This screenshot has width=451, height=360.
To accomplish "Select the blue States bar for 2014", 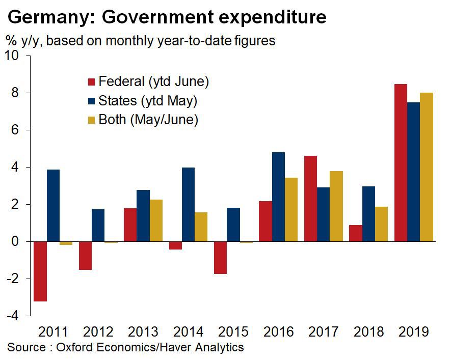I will (x=188, y=204).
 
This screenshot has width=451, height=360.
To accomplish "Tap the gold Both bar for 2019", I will (x=427, y=167).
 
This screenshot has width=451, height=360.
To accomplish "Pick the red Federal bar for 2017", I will (x=310, y=199).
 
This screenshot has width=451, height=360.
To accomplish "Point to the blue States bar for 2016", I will (x=278, y=197).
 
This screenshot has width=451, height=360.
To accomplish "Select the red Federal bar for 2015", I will (x=220, y=258).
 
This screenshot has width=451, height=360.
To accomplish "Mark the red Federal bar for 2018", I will (x=356, y=233).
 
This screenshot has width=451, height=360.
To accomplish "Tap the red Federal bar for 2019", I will (x=401, y=163).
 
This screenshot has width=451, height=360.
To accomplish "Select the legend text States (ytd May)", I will (x=148, y=101).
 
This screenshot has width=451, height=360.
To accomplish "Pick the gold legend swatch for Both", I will (x=92, y=120).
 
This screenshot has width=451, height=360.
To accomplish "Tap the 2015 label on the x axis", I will (x=233, y=332).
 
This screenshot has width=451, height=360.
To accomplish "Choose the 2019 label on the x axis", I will (x=413, y=332).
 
